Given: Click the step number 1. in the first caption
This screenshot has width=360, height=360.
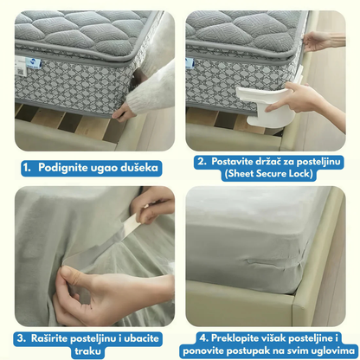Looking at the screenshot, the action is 27,168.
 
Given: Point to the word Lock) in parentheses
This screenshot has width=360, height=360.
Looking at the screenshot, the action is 300,174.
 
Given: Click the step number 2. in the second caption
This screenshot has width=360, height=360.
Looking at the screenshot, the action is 202,161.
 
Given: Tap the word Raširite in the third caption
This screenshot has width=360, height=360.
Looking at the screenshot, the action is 49,338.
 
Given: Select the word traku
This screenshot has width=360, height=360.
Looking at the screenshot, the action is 88,351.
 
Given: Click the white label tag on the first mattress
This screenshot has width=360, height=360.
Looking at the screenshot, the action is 21,66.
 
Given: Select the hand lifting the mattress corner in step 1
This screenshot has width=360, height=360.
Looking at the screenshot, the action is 124,112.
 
